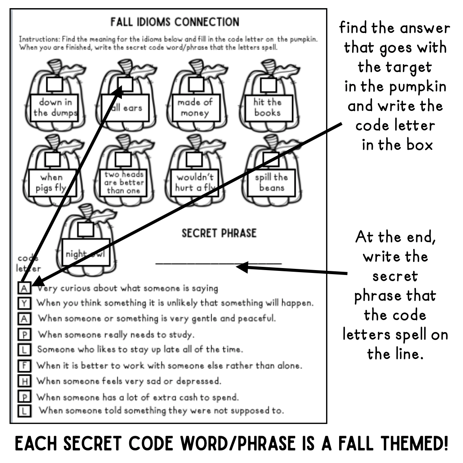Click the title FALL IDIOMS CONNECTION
[175, 22]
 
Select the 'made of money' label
[195, 108]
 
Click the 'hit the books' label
[267, 107]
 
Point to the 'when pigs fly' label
[52, 183]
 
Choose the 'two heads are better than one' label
[123, 182]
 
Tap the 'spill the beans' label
[271, 182]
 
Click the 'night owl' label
[85, 254]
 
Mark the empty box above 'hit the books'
[268, 84]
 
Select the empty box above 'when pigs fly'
[53, 159]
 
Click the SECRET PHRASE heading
[219, 233]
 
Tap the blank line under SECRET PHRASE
[219, 263]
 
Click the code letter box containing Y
[24, 303]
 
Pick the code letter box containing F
[24, 366]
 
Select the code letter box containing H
[24, 381]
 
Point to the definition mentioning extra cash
[138, 397]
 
